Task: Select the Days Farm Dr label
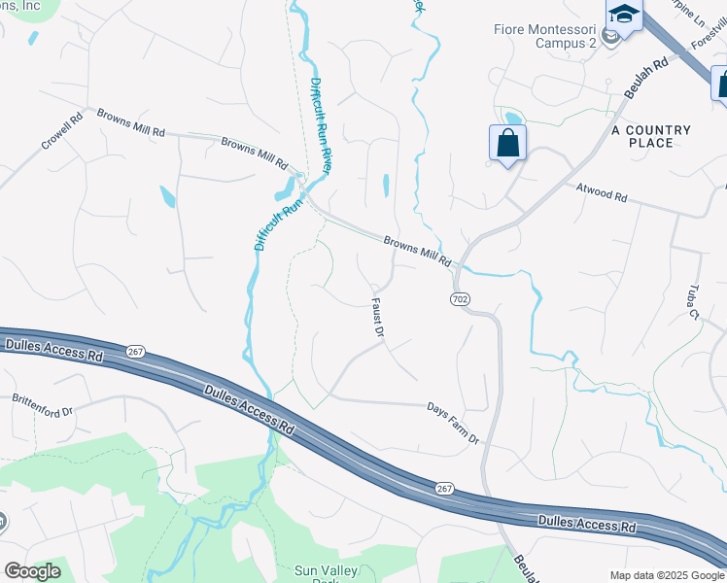click(x=454, y=424)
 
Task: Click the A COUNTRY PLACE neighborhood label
click(x=651, y=136)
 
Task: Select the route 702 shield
click(x=461, y=298)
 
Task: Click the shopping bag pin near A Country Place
click(x=507, y=144)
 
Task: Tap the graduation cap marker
click(x=624, y=16)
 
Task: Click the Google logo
click(x=31, y=571)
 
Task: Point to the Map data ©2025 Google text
click(x=667, y=575)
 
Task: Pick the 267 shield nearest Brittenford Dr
click(x=134, y=351)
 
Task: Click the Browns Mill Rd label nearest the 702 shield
click(x=418, y=252)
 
